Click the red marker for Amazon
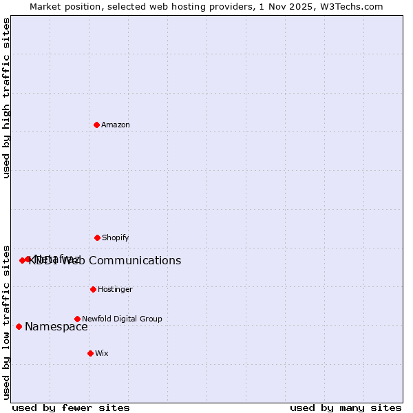(x=96, y=125)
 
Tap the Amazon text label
(x=116, y=125)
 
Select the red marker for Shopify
(x=97, y=237)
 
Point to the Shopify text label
(x=116, y=238)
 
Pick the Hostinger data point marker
(x=93, y=289)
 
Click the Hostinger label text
(x=115, y=290)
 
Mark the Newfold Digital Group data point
(x=77, y=319)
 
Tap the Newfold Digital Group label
(x=122, y=319)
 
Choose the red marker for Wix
(x=90, y=353)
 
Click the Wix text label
(x=102, y=354)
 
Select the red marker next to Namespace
(x=19, y=326)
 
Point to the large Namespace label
(x=56, y=327)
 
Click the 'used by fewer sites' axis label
(x=71, y=407)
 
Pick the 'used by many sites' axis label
(x=346, y=407)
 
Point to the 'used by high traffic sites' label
(x=7, y=98)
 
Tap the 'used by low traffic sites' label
(x=7, y=322)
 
